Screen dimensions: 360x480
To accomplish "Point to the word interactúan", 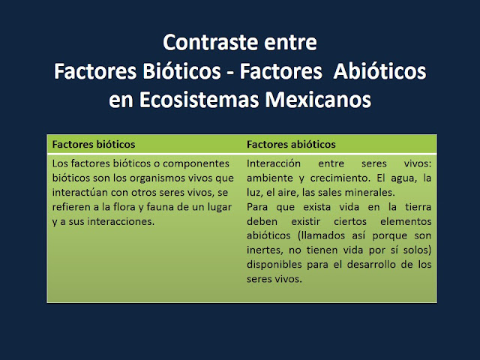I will (x=81, y=193).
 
